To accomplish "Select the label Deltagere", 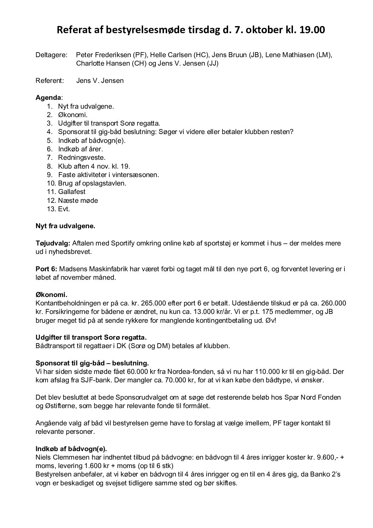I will click(51, 55).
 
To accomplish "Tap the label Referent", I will click(50, 81).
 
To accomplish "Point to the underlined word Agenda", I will click(48, 98).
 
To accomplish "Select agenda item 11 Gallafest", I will click(72, 192).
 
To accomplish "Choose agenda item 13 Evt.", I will click(64, 209).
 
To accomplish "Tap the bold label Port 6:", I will click(47, 269).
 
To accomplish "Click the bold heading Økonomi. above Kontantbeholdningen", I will click(51, 295).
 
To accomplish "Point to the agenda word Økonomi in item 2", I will click(73, 115).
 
